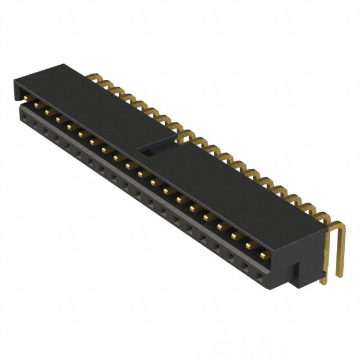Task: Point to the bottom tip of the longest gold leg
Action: [339, 276]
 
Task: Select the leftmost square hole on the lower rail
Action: [24, 115]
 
